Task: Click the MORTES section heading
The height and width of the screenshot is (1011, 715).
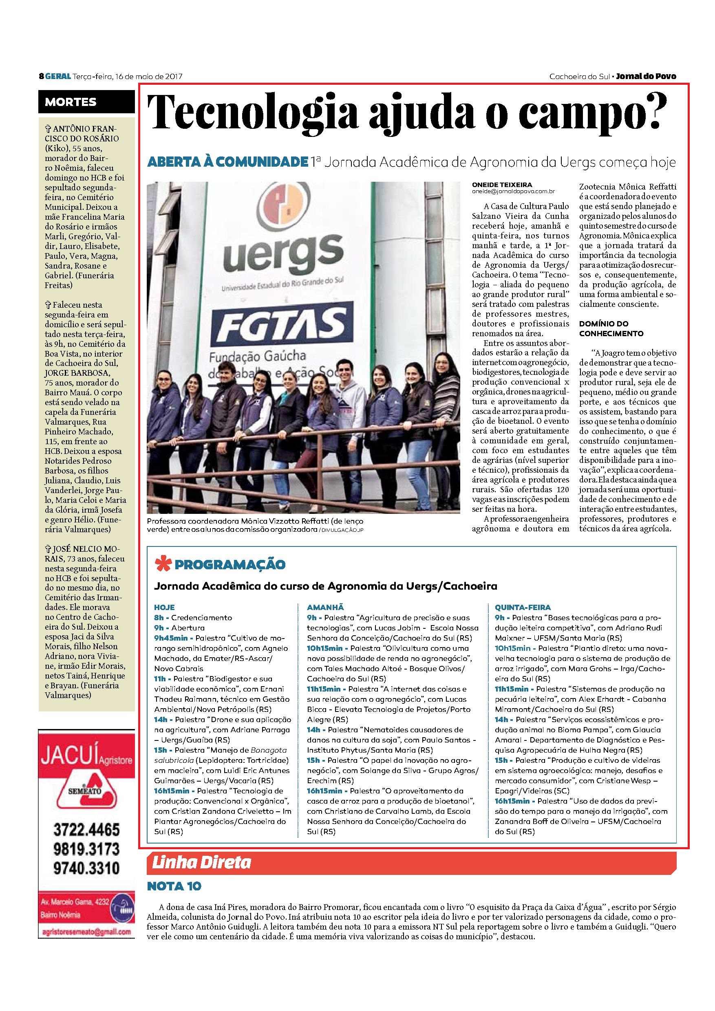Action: pos(71,102)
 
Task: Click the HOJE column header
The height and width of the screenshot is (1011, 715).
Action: pos(164,607)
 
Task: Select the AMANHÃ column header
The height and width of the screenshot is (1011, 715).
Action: pos(325,607)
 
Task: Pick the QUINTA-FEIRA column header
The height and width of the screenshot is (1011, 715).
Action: pos(523,607)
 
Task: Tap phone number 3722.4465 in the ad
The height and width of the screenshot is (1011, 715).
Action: pos(87,830)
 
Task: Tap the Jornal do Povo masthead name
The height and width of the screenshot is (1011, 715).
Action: pos(646,77)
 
